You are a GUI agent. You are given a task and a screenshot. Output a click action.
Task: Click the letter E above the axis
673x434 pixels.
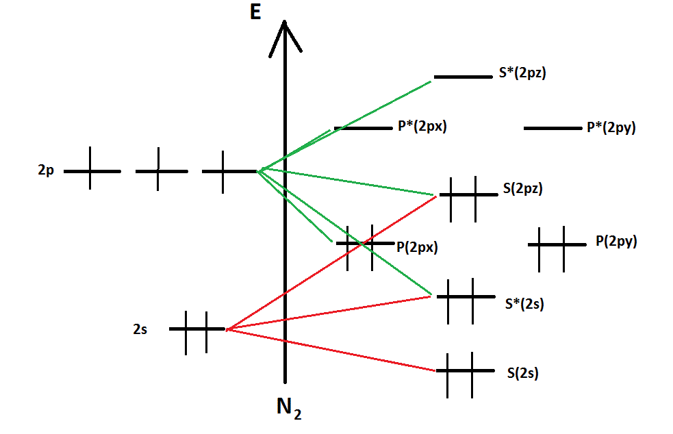click(255, 12)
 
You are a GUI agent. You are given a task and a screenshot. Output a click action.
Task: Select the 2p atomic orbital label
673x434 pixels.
click(46, 170)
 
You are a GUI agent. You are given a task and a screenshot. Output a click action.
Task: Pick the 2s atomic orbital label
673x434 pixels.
click(140, 329)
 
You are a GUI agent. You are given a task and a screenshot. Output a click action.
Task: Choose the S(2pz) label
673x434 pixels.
click(522, 189)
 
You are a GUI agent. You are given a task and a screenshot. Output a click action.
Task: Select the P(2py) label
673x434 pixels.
click(616, 241)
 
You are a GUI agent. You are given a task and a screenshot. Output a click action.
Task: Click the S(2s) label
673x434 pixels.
click(522, 373)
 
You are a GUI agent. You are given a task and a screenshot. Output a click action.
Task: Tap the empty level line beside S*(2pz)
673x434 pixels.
click(462, 77)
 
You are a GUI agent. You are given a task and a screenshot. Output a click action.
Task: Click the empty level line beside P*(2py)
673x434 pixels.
click(552, 128)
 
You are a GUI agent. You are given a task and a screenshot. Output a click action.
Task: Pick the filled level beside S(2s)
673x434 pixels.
click(465, 371)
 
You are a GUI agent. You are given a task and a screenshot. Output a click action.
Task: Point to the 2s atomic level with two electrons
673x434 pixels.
click(196, 329)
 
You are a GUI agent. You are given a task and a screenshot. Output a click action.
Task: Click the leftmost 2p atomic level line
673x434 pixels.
click(92, 170)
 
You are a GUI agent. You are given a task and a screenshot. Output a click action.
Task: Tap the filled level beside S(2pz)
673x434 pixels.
click(468, 195)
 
